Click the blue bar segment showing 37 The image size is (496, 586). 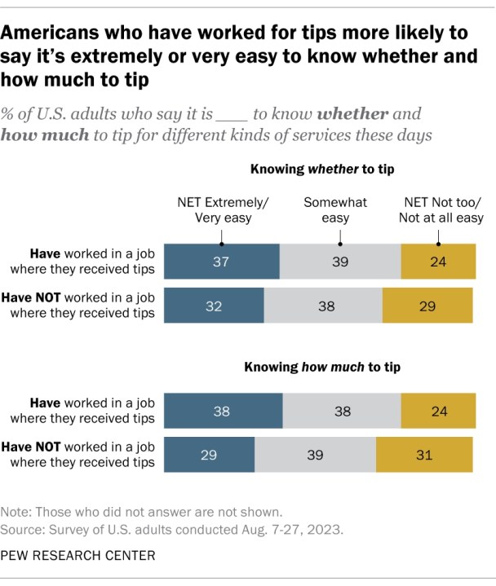click(222, 262)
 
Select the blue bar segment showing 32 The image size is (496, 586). click(215, 307)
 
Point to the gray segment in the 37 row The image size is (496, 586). click(340, 262)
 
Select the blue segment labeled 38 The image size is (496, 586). click(224, 411)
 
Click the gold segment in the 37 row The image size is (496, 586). click(438, 262)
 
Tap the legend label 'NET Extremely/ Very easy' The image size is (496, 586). click(221, 209)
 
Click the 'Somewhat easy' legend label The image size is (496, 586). click(335, 209)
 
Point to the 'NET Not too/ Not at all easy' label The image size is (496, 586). click(439, 209)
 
